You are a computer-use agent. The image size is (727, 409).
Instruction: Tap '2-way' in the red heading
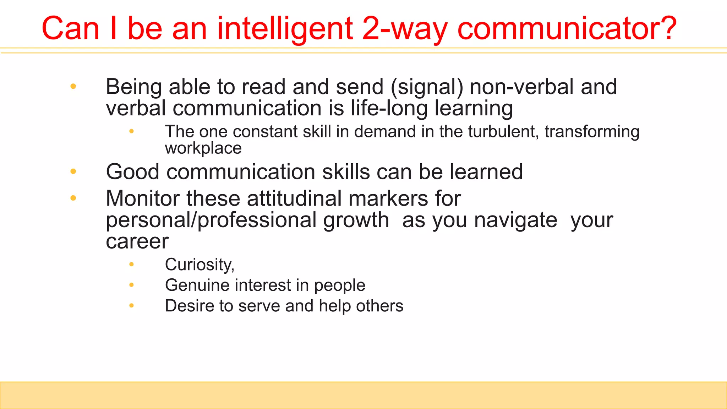405,28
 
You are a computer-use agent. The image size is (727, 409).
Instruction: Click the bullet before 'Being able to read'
73,86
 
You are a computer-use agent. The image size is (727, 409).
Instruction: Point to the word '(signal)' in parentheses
427,87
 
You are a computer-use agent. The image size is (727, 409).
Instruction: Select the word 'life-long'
389,108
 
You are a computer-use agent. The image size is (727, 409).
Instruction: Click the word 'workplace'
203,148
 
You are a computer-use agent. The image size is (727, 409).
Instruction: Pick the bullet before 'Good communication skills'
73,172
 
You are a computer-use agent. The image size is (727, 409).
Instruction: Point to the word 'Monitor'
143,198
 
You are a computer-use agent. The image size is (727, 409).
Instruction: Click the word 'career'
137,242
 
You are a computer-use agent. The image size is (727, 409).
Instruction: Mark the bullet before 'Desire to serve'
132,306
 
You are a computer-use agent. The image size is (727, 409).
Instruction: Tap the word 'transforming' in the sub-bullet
592,132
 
